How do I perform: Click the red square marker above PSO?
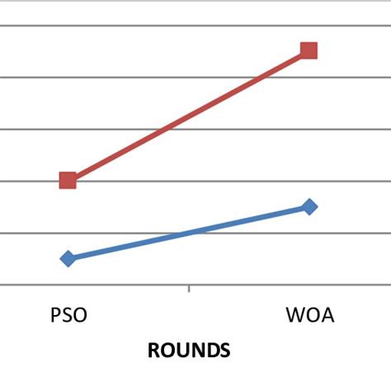tap(68, 180)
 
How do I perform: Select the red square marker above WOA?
tap(309, 50)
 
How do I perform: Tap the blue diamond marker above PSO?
tap(68, 258)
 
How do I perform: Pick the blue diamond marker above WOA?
tap(309, 206)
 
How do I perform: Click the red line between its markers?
tap(188, 115)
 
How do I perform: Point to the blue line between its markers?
tap(188, 233)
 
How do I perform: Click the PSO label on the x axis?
tap(68, 316)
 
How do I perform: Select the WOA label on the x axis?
tap(310, 316)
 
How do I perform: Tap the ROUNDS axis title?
tap(189, 351)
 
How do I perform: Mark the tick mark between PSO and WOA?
tap(190, 289)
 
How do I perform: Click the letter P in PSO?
tap(54, 316)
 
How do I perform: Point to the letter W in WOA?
tap(294, 316)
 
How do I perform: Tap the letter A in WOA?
tap(327, 316)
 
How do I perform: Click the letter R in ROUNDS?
tap(153, 351)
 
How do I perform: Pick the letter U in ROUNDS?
tap(181, 351)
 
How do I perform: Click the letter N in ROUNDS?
tap(196, 351)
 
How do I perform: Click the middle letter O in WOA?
tap(312, 316)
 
